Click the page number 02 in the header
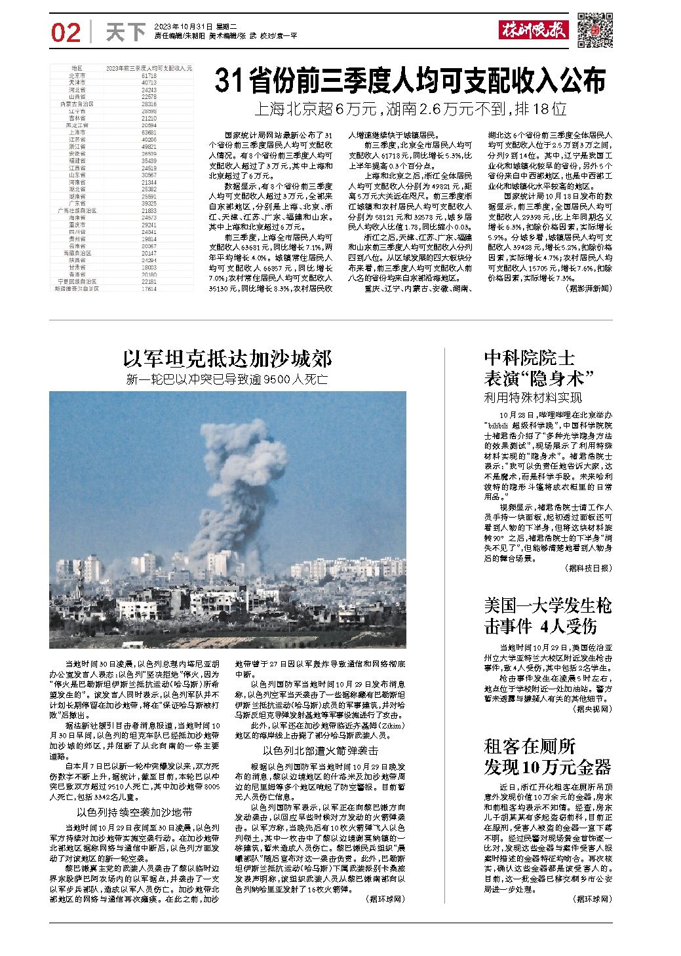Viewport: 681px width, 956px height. click(x=65, y=32)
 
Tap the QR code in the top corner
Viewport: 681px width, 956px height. click(x=595, y=30)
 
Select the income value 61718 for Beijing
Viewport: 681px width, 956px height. click(x=148, y=76)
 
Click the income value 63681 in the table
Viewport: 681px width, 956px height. click(x=148, y=132)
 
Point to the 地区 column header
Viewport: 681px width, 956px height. click(x=77, y=68)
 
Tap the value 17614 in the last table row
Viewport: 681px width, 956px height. click(x=148, y=288)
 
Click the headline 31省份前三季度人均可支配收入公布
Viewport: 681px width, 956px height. click(x=410, y=81)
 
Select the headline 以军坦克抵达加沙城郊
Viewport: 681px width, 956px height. click(x=227, y=358)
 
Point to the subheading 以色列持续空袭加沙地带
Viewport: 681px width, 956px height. click(x=134, y=812)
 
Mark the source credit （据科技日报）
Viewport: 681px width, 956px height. click(x=587, y=568)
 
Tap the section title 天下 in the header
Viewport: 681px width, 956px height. click(x=125, y=32)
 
